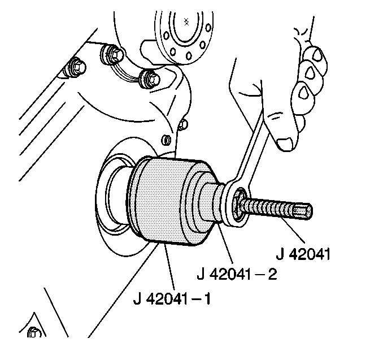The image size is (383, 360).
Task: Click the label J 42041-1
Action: click(172, 298)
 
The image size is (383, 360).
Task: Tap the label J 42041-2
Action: click(237, 274)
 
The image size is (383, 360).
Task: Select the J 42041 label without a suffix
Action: click(303, 254)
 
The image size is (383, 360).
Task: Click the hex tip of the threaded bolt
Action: click(303, 211)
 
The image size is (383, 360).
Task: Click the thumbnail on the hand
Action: click(285, 144)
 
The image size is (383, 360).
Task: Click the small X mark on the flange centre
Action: click(186, 21)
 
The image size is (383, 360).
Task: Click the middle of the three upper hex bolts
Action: click(113, 54)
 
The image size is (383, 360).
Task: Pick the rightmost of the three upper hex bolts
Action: click(150, 79)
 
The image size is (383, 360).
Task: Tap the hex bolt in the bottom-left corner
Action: click(33, 332)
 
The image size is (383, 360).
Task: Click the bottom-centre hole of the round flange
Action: click(189, 56)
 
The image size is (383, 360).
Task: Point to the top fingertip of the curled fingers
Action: click(317, 55)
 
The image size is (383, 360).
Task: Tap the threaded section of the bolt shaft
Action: click(269, 208)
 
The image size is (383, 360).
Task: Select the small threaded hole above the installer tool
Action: click(166, 140)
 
